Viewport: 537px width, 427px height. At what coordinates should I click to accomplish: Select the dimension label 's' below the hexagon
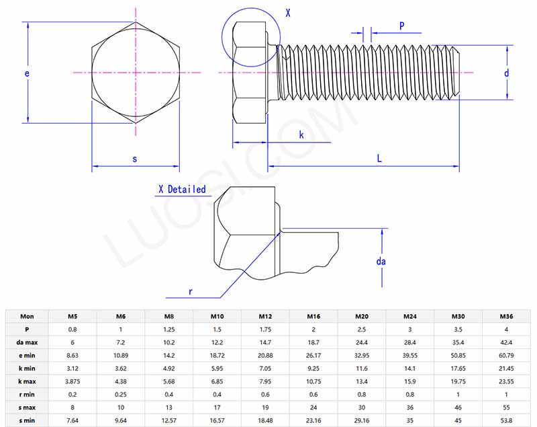pos(134,159)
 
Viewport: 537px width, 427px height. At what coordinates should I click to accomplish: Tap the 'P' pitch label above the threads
pos(401,26)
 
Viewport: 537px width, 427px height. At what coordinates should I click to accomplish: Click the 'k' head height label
pos(301,135)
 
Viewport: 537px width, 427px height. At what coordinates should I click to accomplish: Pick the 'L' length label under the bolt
pos(379,159)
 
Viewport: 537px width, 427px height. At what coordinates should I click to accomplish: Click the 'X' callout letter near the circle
pos(288,12)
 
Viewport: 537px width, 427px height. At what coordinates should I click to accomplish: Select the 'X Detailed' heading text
pos(182,190)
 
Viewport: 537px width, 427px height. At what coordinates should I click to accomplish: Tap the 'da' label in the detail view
pos(381,261)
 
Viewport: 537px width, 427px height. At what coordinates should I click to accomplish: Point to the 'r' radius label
pos(191,291)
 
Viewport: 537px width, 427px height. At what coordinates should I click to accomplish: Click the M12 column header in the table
pos(265,316)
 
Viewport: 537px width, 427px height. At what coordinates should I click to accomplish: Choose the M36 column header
pos(506,316)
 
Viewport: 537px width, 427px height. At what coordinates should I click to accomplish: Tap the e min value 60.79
pos(506,356)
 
